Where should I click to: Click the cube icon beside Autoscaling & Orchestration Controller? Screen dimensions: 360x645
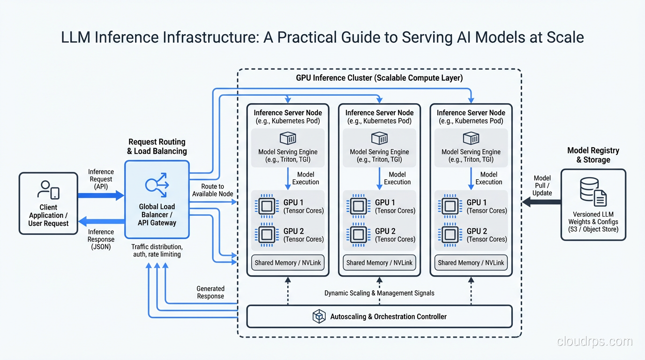click(x=319, y=317)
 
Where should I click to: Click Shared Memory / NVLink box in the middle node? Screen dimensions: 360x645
click(x=379, y=263)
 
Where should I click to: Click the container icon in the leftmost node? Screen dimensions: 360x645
click(x=288, y=138)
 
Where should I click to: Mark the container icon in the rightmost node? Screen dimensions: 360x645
click(x=471, y=138)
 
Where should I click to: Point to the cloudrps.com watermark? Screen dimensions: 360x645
click(x=594, y=342)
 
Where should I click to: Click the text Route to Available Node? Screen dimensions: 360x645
click(x=212, y=190)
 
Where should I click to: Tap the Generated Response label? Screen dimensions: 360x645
click(x=210, y=292)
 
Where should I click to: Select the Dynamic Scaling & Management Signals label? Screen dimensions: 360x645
click(x=379, y=293)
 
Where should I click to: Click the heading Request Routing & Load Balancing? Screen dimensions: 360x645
click(x=157, y=146)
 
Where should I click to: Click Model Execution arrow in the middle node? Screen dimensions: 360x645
click(x=379, y=178)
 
